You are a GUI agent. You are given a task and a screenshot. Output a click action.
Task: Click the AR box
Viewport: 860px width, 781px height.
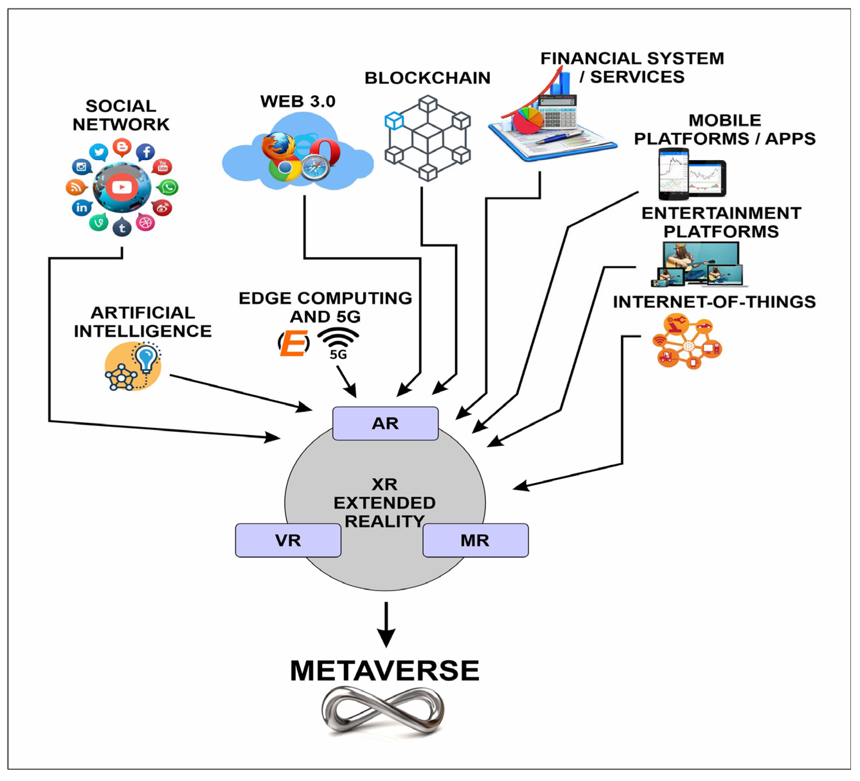pyautogui.click(x=385, y=423)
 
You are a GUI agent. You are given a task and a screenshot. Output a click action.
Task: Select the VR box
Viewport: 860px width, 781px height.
pyautogui.click(x=288, y=540)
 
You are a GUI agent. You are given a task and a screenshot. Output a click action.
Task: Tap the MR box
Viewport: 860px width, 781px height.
pyautogui.click(x=476, y=540)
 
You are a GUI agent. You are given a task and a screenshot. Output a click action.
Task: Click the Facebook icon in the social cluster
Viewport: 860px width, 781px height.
pyautogui.click(x=145, y=152)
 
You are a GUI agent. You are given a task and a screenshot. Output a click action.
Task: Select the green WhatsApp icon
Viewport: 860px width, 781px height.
pyautogui.click(x=169, y=187)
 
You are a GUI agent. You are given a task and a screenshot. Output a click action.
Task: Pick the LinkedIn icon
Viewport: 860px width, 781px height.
pyautogui.click(x=82, y=208)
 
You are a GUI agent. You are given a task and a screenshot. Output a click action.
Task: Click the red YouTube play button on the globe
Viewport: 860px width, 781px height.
pyautogui.click(x=122, y=187)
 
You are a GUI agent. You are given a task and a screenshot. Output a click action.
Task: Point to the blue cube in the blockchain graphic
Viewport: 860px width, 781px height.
pyautogui.click(x=394, y=120)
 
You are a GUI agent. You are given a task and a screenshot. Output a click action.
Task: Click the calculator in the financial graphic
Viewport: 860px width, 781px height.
pyautogui.click(x=557, y=112)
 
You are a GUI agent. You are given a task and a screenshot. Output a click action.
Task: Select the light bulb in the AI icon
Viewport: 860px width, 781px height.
pyautogui.click(x=147, y=358)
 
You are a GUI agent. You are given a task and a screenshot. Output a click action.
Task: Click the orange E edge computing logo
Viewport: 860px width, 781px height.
pyautogui.click(x=294, y=343)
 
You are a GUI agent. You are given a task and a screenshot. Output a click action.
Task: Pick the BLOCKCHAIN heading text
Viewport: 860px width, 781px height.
pyautogui.click(x=427, y=78)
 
